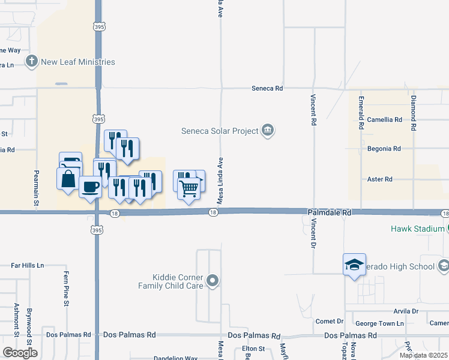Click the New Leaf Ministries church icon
pos(32,62)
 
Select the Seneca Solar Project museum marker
pos(268,130)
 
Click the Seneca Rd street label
pos(267,88)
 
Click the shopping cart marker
pos(189,188)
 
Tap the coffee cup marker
pos(90,187)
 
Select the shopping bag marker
pos(68,178)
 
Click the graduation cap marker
pos(354,264)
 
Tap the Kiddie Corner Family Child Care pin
pos(212,281)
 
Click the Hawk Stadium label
pos(416,229)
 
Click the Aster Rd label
pos(379,179)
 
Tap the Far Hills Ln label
pos(28,265)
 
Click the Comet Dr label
pos(330,322)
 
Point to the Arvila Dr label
pos(406,311)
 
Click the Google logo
pos(20,353)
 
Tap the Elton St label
pos(253,348)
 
